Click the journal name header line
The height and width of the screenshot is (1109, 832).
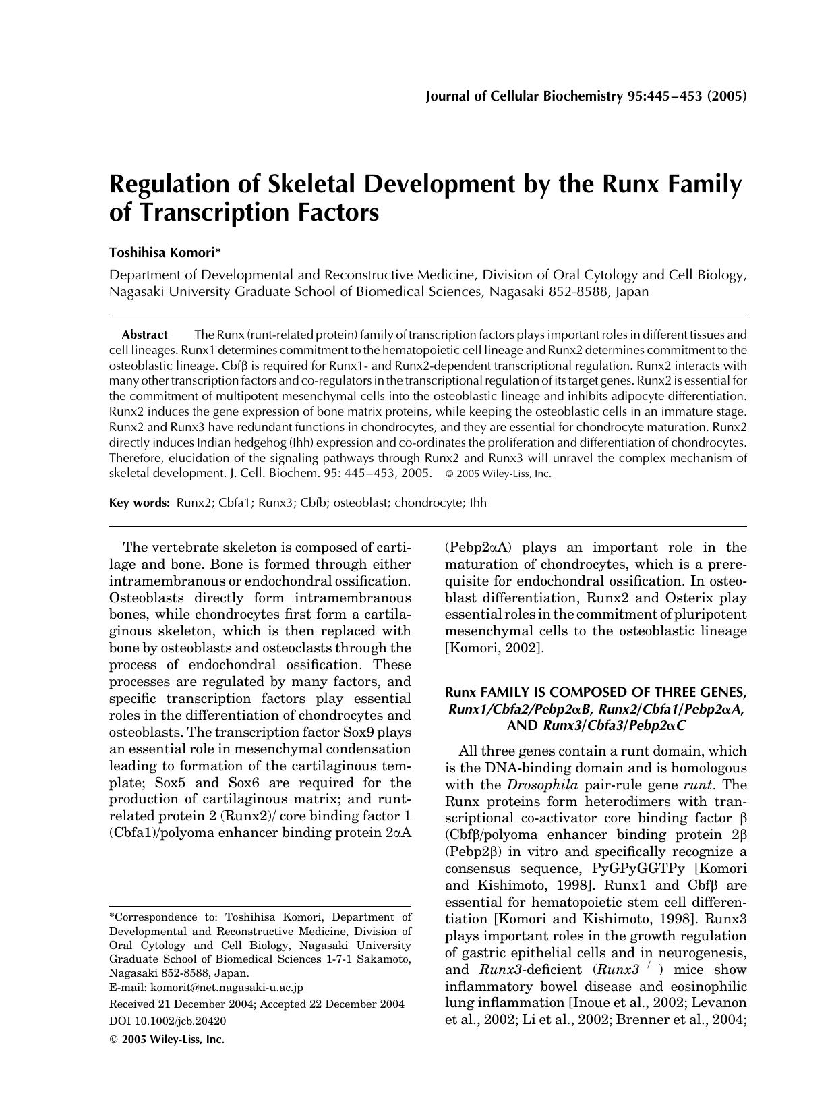(x=586, y=96)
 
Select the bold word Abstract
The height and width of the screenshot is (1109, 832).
(x=144, y=335)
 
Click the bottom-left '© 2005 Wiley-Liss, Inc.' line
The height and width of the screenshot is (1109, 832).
(x=167, y=1040)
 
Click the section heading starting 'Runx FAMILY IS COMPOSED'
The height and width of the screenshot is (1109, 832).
(x=596, y=693)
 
